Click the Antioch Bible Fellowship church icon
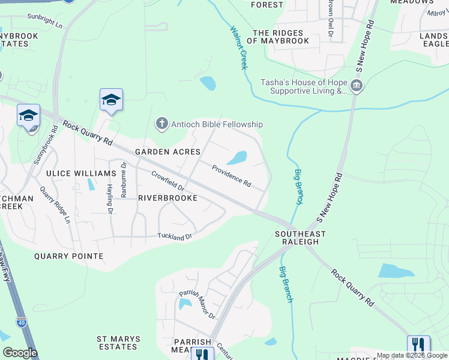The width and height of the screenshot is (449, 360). (x=161, y=124)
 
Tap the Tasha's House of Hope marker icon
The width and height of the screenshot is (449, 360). (x=357, y=86)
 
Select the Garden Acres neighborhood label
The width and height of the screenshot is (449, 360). (x=167, y=152)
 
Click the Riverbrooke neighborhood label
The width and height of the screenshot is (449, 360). (x=167, y=197)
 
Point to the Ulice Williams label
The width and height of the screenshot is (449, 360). (x=81, y=173)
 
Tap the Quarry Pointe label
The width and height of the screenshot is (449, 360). (x=68, y=256)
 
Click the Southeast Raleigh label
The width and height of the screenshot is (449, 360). (x=300, y=238)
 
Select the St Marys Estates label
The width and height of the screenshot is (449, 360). (x=118, y=343)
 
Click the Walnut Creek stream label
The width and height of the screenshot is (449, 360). (x=238, y=47)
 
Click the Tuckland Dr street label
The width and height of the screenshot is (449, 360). (x=175, y=237)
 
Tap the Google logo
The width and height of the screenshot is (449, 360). (x=20, y=353)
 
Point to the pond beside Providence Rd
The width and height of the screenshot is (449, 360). (x=237, y=158)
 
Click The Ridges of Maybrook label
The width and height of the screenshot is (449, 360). (x=281, y=37)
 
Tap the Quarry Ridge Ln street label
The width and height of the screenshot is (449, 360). (x=55, y=205)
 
